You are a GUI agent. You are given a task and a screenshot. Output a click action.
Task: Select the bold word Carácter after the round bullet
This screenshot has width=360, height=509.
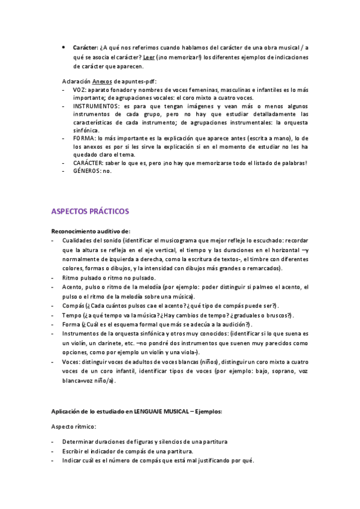tap(86, 47)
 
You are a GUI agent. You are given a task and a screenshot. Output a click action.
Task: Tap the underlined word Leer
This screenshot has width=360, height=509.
tap(148, 57)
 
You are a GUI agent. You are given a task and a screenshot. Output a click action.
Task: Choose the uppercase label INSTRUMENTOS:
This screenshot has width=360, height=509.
tap(96, 105)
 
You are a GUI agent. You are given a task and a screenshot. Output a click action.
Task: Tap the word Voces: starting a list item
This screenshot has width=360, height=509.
tap(73, 362)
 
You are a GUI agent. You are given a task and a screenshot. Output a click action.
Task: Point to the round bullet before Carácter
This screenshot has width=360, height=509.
tap(64, 47)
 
